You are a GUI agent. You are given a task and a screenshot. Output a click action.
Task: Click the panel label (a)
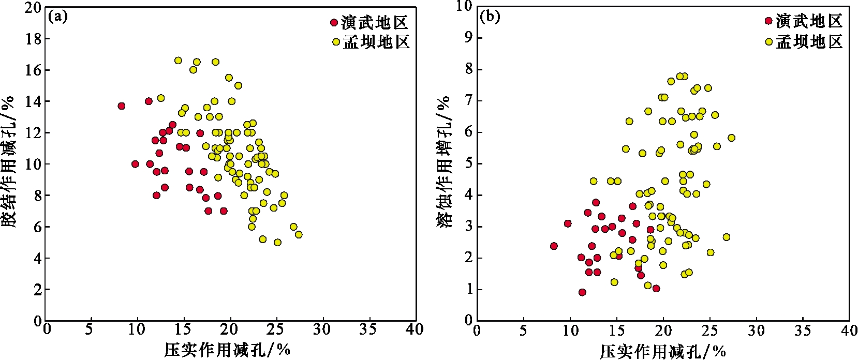[x=58, y=17]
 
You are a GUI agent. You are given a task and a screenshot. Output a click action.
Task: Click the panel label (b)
[x=490, y=17]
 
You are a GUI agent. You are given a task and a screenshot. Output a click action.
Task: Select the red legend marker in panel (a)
[x=334, y=23]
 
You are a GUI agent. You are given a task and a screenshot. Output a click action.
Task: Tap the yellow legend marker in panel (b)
[x=768, y=41]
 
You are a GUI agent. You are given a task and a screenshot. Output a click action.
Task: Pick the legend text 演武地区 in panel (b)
[x=809, y=21]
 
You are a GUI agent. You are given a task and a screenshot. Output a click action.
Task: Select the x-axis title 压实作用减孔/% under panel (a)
[x=228, y=350]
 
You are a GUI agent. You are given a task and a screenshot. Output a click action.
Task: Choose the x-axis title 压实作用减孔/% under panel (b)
[x=663, y=351]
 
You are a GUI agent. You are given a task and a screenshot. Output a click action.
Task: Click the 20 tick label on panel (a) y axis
[x=33, y=7]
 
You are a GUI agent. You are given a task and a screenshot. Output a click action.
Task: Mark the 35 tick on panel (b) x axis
[x=803, y=329]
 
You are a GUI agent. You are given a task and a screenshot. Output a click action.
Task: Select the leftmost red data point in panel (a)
[x=122, y=106]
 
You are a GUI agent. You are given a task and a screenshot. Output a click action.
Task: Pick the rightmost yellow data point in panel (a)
[x=299, y=234]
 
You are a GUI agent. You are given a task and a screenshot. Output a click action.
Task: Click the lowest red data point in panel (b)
[x=582, y=292]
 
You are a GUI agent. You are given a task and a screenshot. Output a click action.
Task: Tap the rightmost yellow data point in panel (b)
[x=731, y=138]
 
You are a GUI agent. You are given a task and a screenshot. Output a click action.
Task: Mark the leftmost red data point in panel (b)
[x=554, y=246]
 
